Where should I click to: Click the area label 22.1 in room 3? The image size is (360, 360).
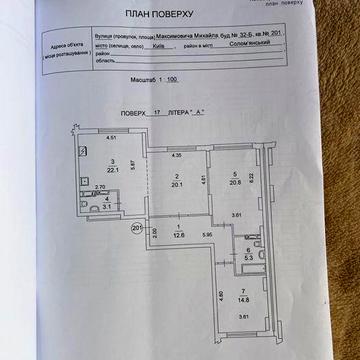[114, 169]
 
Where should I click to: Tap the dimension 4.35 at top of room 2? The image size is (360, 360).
[176, 155]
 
